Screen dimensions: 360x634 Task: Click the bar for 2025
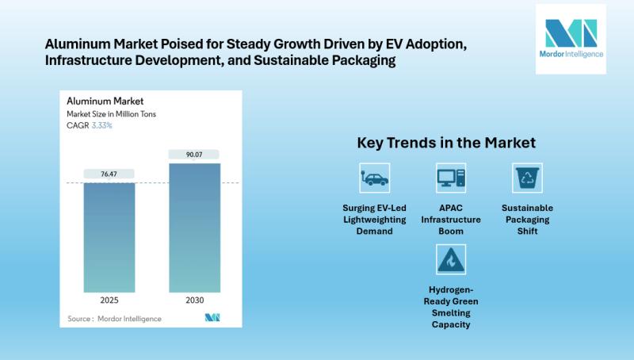coord(109,237)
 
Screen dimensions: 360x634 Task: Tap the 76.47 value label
coord(109,173)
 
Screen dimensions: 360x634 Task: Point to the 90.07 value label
coord(194,154)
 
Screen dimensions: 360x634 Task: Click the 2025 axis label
coord(109,301)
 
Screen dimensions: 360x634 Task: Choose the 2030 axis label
coord(194,301)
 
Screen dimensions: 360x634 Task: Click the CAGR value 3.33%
coord(101,125)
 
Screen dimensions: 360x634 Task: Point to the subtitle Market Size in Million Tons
coord(113,114)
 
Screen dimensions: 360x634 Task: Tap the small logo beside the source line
coord(212,318)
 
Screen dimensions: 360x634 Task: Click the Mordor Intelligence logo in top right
coord(571,39)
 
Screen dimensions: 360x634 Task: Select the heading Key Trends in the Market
coord(446,143)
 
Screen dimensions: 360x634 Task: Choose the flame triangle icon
coord(451,259)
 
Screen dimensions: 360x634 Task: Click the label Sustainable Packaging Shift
coord(527,220)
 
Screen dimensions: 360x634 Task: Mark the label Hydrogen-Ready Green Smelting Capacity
coord(451,308)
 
